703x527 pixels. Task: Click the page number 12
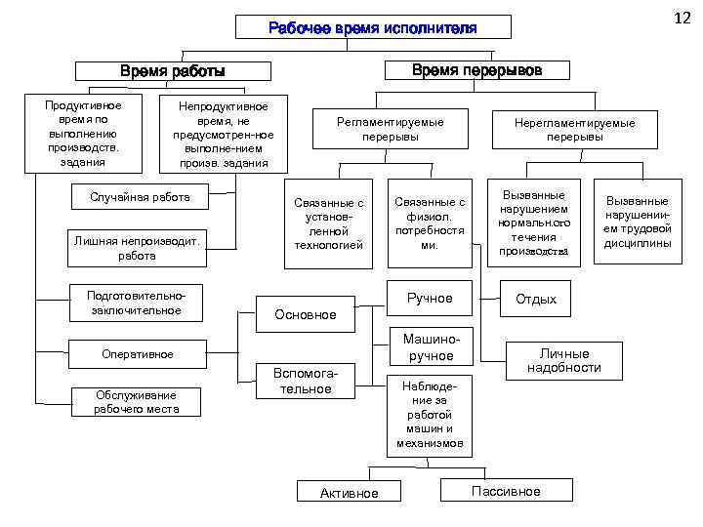pos(682,18)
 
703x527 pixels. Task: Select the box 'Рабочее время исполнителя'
pos(373,27)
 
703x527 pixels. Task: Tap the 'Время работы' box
pos(172,71)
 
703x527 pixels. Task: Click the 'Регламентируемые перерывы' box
pos(390,129)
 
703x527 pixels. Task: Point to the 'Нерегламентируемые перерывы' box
pos(574,129)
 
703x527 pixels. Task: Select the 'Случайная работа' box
pos(140,197)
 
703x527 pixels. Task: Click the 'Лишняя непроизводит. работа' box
pos(137,248)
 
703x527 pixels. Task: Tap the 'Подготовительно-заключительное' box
pos(136,303)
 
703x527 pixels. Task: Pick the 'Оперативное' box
pos(138,353)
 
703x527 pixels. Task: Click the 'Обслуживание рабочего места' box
pos(135,401)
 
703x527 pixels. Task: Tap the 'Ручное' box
pos(430,298)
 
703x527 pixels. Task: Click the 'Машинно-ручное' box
pos(431,348)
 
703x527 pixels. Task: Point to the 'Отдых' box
pos(536,299)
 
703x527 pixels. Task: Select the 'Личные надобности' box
pos(563,360)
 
